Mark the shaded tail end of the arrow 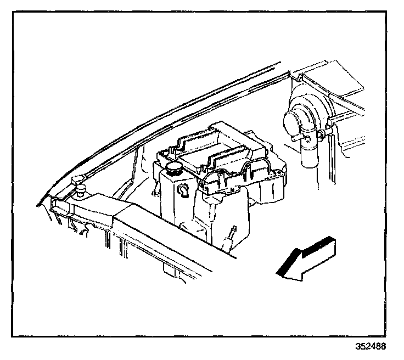click(330, 241)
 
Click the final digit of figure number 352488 click(383, 347)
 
